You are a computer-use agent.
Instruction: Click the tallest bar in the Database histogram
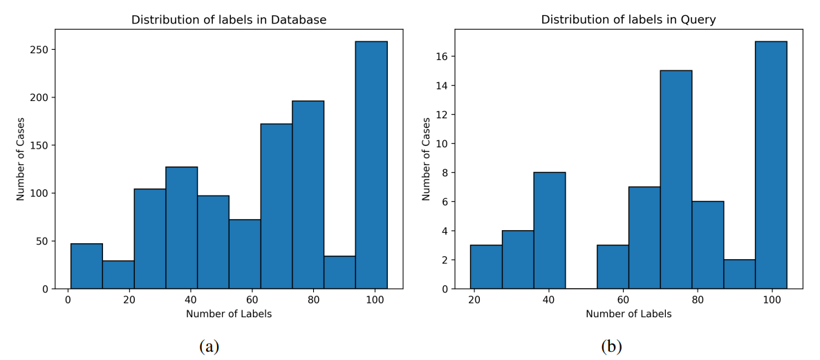371,165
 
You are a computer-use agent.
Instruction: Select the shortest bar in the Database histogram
118,275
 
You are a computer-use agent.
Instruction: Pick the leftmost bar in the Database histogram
86,266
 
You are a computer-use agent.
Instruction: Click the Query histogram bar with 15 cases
676,180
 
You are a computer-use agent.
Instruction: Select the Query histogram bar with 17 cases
771,165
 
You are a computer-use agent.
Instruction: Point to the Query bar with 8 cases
550,231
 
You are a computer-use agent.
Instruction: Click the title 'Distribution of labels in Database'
229,20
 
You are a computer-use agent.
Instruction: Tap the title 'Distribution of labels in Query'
628,20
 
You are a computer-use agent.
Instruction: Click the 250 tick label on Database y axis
39,50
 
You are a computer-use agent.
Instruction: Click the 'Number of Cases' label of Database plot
21,159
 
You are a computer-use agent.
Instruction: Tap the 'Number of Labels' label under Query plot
628,314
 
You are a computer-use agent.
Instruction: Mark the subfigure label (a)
209,346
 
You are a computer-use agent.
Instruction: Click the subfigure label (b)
612,346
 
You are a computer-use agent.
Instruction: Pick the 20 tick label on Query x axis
474,299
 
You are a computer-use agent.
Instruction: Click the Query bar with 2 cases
740,274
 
